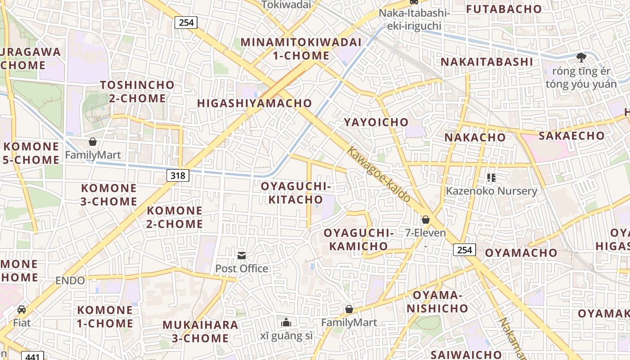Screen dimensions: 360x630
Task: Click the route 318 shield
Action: click(178, 175)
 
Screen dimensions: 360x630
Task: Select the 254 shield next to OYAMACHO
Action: click(464, 250)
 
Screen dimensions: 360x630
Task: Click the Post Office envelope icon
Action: click(242, 256)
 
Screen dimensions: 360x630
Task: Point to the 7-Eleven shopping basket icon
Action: click(425, 220)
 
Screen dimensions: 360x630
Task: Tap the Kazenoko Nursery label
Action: click(491, 191)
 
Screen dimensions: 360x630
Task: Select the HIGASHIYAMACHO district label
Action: click(255, 103)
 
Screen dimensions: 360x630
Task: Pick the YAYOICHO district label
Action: click(376, 122)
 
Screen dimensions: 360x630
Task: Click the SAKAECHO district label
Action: click(572, 135)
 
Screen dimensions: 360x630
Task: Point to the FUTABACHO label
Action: click(504, 9)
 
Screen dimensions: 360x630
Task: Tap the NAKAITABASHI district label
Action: click(487, 62)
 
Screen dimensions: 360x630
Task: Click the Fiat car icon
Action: click(22, 310)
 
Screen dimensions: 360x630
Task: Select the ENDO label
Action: click(70, 281)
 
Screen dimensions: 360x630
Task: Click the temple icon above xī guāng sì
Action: click(286, 322)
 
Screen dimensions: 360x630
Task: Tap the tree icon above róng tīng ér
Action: click(581, 57)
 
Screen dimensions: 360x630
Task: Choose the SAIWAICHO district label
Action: click(466, 355)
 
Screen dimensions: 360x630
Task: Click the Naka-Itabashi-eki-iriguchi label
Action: click(414, 19)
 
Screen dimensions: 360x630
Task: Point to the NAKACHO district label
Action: click(475, 137)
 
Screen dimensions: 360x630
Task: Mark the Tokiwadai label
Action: click(286, 4)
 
